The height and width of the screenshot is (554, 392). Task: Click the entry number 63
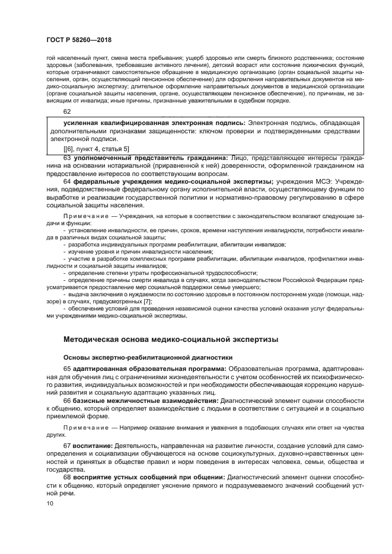67,158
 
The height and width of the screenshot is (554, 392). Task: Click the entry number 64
67,182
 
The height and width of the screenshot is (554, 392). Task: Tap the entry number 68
67,477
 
